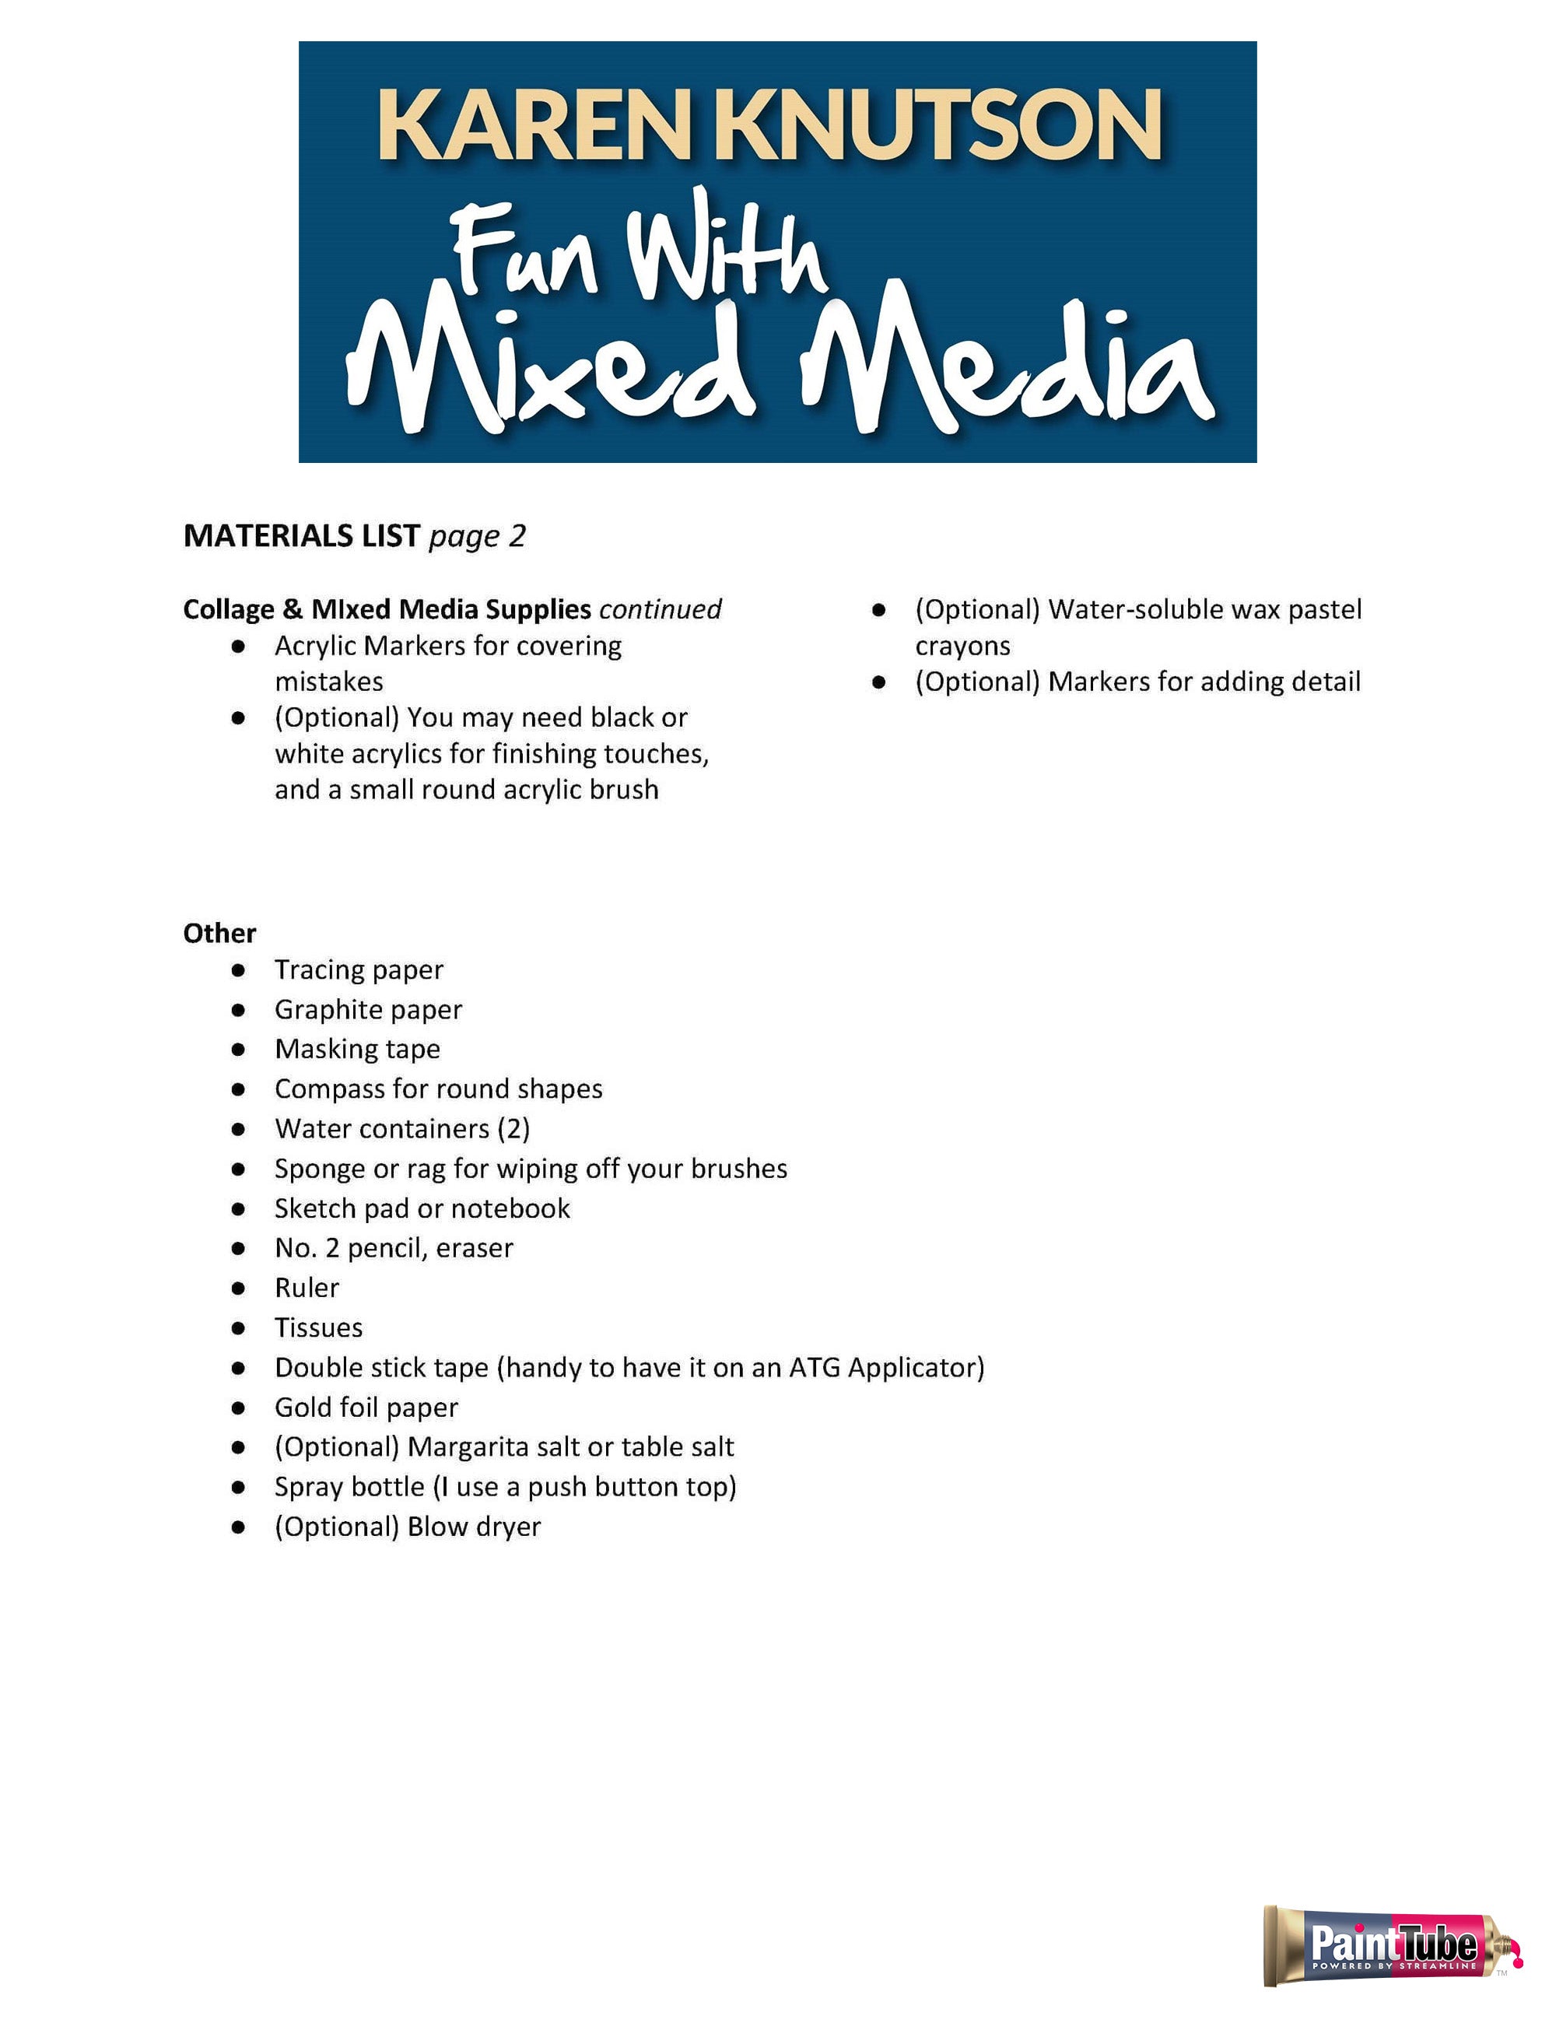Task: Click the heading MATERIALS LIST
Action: [x=302, y=535]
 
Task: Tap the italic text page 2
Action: [x=477, y=536]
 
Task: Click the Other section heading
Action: [x=219, y=933]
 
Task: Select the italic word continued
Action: [x=661, y=609]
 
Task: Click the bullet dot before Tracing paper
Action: [x=239, y=969]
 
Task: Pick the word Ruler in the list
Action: [x=307, y=1288]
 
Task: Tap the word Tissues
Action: [x=319, y=1327]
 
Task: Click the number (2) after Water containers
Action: [x=513, y=1128]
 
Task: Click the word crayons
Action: [x=962, y=646]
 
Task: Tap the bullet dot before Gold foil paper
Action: [x=239, y=1408]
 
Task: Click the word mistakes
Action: [x=329, y=682]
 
